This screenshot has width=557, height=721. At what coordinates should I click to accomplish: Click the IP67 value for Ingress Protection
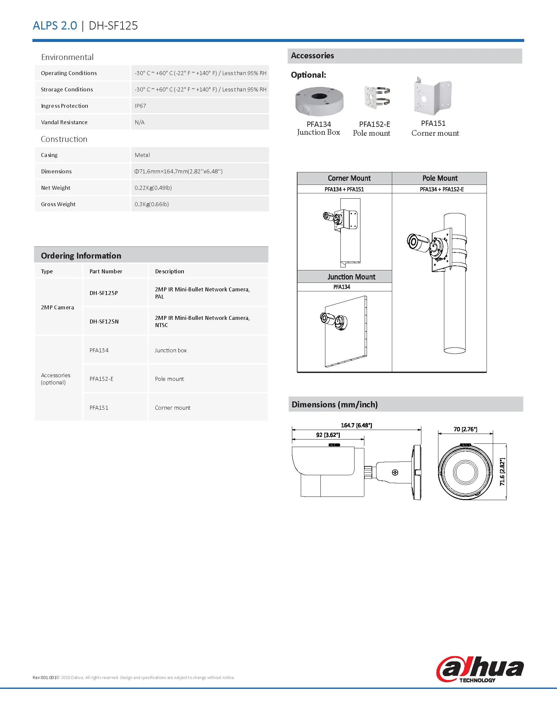click(x=140, y=106)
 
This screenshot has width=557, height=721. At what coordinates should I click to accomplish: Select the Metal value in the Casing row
click(x=142, y=155)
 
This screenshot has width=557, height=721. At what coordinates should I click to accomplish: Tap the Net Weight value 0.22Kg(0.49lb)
click(x=153, y=188)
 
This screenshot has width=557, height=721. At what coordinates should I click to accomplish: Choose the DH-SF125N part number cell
click(x=104, y=322)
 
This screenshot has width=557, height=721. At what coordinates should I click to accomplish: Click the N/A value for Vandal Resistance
click(x=140, y=123)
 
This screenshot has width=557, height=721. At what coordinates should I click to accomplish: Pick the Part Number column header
click(x=106, y=271)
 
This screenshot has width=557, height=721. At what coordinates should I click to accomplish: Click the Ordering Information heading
click(x=81, y=256)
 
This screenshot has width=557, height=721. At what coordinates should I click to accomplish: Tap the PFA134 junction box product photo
click(x=319, y=101)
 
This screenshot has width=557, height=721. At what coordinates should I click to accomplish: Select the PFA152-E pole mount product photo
click(x=377, y=98)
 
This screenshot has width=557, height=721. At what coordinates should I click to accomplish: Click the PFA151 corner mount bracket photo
click(x=432, y=96)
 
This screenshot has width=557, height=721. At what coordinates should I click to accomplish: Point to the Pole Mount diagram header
click(x=439, y=178)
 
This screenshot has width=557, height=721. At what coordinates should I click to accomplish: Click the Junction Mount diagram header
click(x=351, y=277)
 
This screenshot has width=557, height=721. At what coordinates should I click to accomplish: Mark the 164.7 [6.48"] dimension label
click(x=356, y=425)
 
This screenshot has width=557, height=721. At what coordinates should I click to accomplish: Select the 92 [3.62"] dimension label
click(x=328, y=435)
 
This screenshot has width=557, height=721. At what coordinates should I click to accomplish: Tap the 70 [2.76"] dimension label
click(x=465, y=430)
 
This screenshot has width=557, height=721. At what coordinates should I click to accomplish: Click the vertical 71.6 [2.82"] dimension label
click(x=502, y=472)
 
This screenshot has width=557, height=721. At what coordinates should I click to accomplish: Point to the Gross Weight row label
click(x=58, y=205)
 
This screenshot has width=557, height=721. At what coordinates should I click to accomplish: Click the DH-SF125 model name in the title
click(x=113, y=26)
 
